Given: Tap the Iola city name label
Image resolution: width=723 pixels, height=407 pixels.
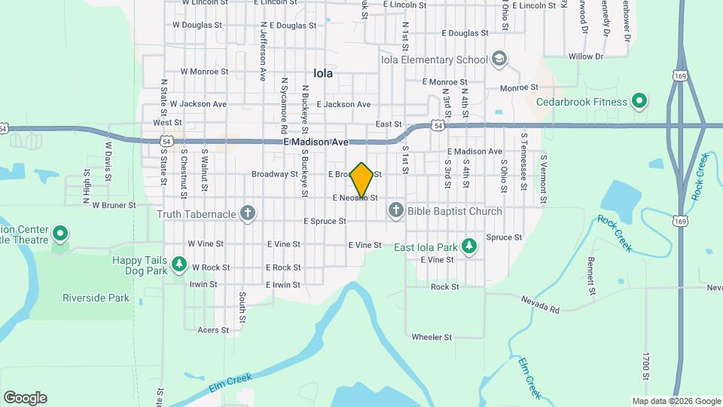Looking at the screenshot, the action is point(323,74).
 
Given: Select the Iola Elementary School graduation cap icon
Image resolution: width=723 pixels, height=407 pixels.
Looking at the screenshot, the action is point(499,60).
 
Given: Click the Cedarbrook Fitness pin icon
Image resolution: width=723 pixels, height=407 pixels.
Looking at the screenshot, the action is point(639,101).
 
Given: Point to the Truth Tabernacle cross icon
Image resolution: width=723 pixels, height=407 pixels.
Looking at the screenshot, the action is point(247,214).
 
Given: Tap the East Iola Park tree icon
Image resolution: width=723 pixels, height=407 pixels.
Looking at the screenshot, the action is point(469,246).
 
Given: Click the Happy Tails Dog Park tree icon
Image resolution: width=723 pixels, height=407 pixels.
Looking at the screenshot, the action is point(179,264).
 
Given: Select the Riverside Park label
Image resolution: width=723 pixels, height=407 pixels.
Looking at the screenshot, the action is point(96,298).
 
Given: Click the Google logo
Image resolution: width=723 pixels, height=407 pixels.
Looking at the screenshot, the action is point(25,398).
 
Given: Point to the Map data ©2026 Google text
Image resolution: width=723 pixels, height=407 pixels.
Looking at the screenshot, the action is point(675,401).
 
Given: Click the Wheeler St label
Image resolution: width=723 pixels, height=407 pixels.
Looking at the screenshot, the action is point(432,337).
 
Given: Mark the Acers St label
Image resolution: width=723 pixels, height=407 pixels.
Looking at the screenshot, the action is point(212,330).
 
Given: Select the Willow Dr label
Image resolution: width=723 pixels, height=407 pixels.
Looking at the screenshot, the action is point(586,57).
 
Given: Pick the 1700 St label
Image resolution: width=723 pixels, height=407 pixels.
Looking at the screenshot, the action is point(646,365).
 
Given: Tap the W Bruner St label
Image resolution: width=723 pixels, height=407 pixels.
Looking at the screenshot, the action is point(114,204).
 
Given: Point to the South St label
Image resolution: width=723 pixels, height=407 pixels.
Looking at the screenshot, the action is point(242,304).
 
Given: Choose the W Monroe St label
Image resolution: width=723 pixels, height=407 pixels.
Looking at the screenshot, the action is point(204,72).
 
